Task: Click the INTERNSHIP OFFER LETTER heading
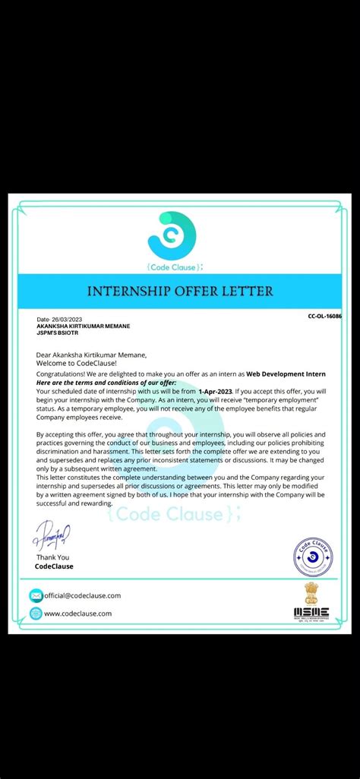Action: pyautogui.click(x=180, y=291)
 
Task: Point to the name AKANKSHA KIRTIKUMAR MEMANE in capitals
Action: pyautogui.click(x=84, y=326)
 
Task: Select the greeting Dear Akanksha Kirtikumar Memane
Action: pyautogui.click(x=91, y=355)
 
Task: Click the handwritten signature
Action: pyautogui.click(x=51, y=538)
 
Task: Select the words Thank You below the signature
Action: pyautogui.click(x=52, y=557)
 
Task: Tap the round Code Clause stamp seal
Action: pyautogui.click(x=314, y=557)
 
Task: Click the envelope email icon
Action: pyautogui.click(x=36, y=596)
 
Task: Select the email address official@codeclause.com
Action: pyautogui.click(x=83, y=596)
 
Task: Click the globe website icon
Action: pyautogui.click(x=36, y=613)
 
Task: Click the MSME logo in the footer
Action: pyautogui.click(x=311, y=611)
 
